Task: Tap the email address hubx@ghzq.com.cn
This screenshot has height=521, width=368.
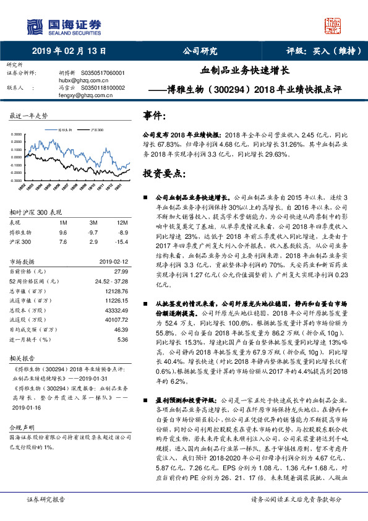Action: (x=82, y=80)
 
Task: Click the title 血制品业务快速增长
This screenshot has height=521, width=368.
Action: (x=245, y=72)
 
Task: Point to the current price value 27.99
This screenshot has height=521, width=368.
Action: (x=120, y=272)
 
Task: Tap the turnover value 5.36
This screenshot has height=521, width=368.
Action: (x=122, y=340)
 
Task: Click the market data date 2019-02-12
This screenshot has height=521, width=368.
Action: (x=113, y=261)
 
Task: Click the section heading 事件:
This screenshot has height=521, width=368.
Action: (x=155, y=116)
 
